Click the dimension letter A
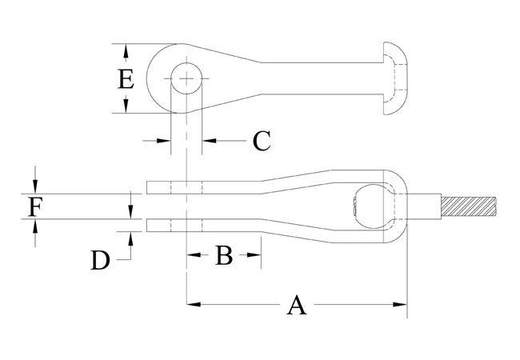coord(297,305)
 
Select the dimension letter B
coord(223,256)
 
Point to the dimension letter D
coord(99,260)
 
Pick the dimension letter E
coord(124,79)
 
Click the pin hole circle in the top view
coord(186,78)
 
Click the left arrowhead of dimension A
coord(192,304)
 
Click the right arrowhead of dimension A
coord(402,304)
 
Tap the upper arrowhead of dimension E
coord(125,50)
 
